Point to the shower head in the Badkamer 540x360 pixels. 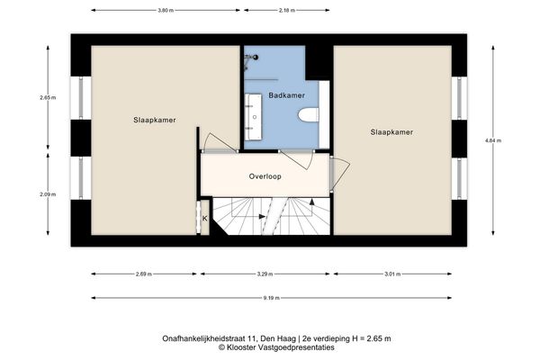[x=256, y=57]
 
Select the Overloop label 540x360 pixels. [x=265, y=176]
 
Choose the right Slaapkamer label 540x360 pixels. [x=391, y=132]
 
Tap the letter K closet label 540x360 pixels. [x=204, y=218]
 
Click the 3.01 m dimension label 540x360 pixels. [x=391, y=273]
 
